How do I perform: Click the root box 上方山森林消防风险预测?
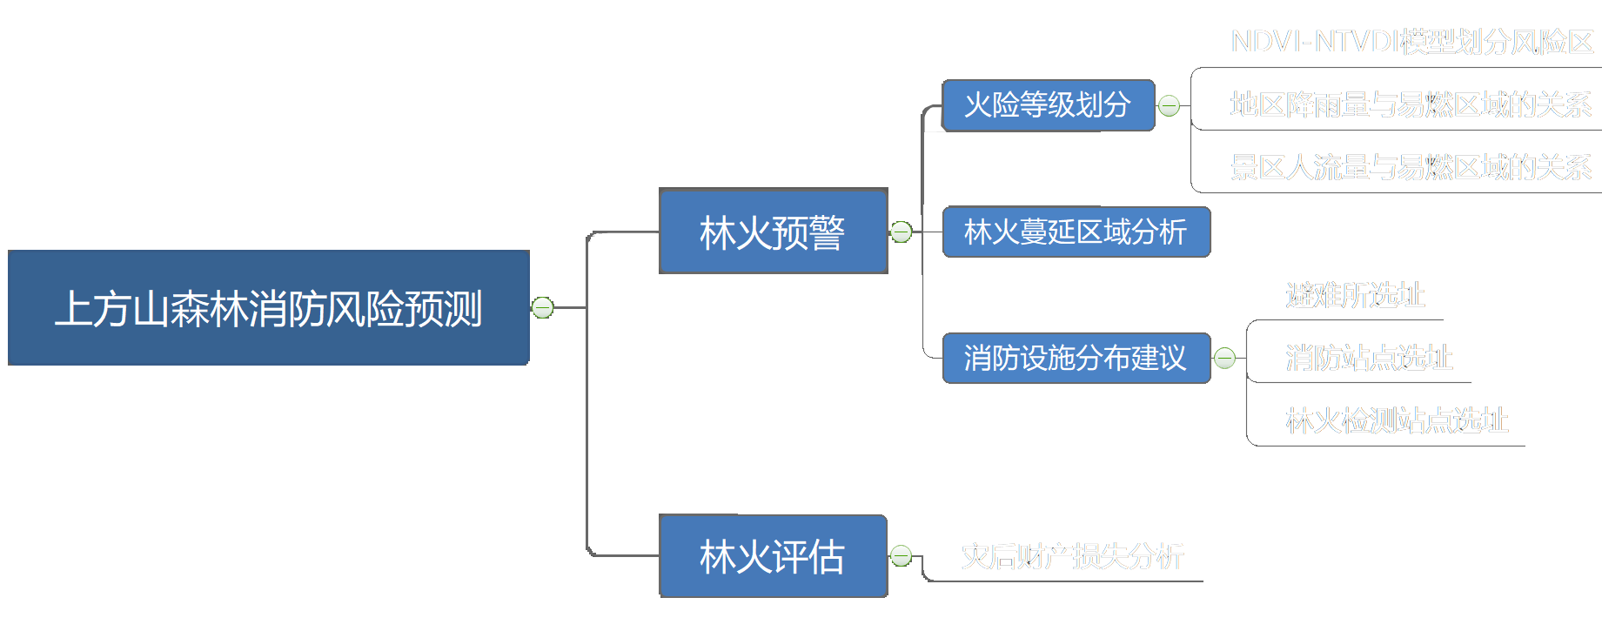click(x=268, y=307)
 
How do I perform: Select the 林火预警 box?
click(x=773, y=232)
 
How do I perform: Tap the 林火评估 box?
click(x=773, y=556)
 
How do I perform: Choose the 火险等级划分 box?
click(x=1048, y=105)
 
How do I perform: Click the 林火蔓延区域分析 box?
click(x=1076, y=232)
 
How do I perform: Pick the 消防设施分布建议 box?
click(x=1076, y=358)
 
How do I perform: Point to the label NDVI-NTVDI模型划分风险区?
click(x=1411, y=41)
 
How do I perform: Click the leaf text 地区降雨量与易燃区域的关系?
click(x=1411, y=104)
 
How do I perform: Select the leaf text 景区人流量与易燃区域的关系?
click(x=1411, y=167)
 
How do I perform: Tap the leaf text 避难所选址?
click(x=1355, y=296)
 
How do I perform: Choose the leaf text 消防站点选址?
click(x=1369, y=358)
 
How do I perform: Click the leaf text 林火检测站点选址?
click(x=1397, y=421)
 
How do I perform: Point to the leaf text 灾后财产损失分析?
click(x=1072, y=556)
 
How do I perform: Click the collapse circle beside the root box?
click(x=543, y=307)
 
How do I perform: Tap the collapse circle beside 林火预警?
click(x=902, y=232)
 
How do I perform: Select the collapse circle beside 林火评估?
click(x=902, y=556)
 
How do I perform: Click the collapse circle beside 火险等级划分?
click(x=1170, y=105)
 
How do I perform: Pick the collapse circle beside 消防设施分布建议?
click(x=1225, y=358)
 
